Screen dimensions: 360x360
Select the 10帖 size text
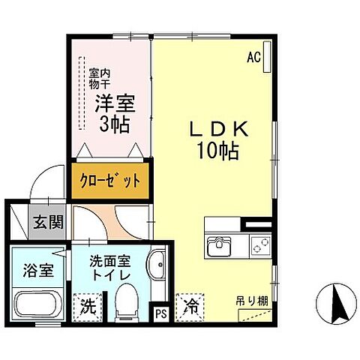click(218, 151)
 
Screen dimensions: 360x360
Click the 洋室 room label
click(111, 103)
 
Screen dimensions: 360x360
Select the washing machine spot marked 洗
click(88, 306)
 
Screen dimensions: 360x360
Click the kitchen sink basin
click(221, 244)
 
